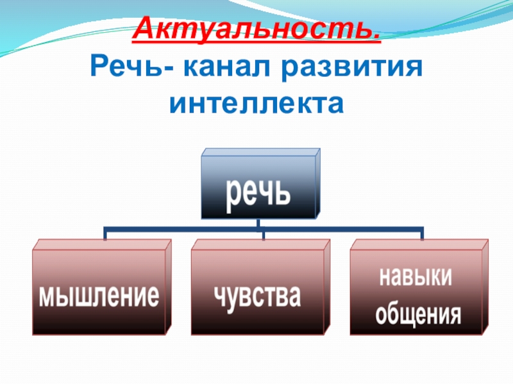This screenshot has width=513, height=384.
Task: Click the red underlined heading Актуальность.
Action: click(x=256, y=29)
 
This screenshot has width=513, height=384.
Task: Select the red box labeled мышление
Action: click(x=99, y=292)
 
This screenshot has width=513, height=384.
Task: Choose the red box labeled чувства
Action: click(x=256, y=292)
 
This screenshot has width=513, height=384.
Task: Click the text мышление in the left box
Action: click(x=99, y=296)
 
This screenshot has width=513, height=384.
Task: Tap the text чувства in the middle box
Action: click(x=256, y=296)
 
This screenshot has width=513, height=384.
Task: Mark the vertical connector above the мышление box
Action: click(x=105, y=234)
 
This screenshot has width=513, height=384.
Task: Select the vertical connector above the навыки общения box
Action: click(x=422, y=234)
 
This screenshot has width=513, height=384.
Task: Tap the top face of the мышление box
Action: click(x=103, y=244)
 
